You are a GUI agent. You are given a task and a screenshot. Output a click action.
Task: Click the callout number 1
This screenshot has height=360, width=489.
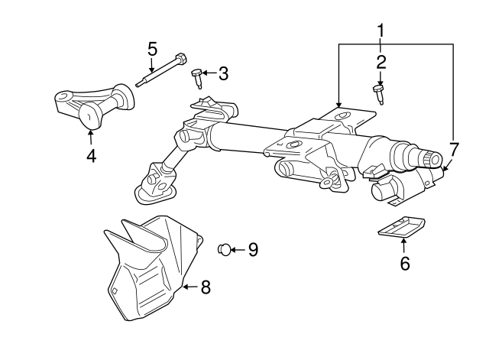tap(380, 31)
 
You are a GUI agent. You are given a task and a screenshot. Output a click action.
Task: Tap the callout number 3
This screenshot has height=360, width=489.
tap(223, 73)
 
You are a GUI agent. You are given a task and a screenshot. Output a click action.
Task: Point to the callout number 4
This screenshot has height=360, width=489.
tap(91, 156)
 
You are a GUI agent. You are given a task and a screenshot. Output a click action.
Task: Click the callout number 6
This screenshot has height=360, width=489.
tap(405, 264)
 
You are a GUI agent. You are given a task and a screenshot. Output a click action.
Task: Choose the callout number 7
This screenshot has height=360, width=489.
tap(454, 148)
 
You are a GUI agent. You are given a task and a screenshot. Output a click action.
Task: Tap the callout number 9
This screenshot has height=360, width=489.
tap(253, 249)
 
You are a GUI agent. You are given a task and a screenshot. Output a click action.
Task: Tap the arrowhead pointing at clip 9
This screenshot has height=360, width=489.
tap(234, 249)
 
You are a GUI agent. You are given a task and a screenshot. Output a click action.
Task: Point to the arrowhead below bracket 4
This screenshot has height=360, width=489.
tap(91, 135)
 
